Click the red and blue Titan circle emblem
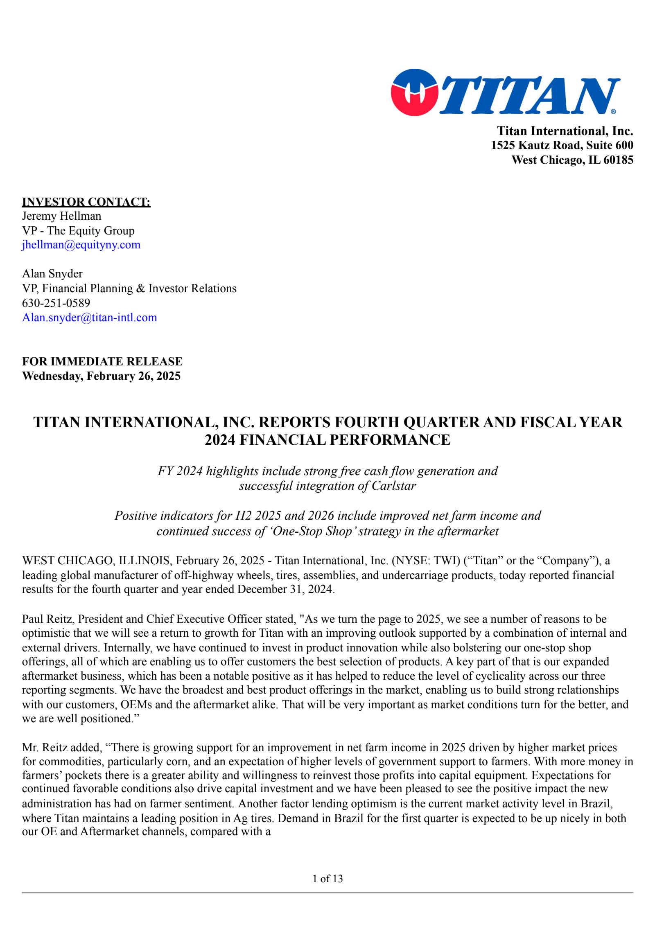414,92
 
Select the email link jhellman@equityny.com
81,245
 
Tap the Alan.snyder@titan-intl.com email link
89,318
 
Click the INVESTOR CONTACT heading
86,202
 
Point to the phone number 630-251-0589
56,303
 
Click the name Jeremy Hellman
61,216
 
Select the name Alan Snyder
52,274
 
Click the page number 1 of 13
327,879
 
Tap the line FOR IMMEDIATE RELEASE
102,361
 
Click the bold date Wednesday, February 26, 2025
101,376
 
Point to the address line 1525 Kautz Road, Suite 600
562,145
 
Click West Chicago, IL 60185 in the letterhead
572,160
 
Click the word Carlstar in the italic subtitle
393,486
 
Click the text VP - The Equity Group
78,231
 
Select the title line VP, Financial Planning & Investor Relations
129,288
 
